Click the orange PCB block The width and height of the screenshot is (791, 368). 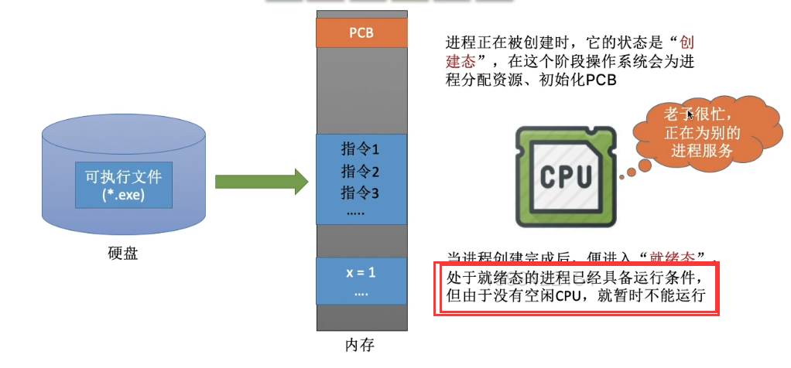point(361,33)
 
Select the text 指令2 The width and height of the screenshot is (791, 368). point(361,171)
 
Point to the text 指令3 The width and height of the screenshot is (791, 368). point(361,191)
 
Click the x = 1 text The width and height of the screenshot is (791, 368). point(361,272)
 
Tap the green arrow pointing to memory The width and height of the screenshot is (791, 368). point(261,182)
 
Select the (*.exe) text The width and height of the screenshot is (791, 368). point(124,195)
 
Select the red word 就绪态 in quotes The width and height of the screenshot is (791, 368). point(676,256)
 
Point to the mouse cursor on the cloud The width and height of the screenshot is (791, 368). point(689,115)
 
